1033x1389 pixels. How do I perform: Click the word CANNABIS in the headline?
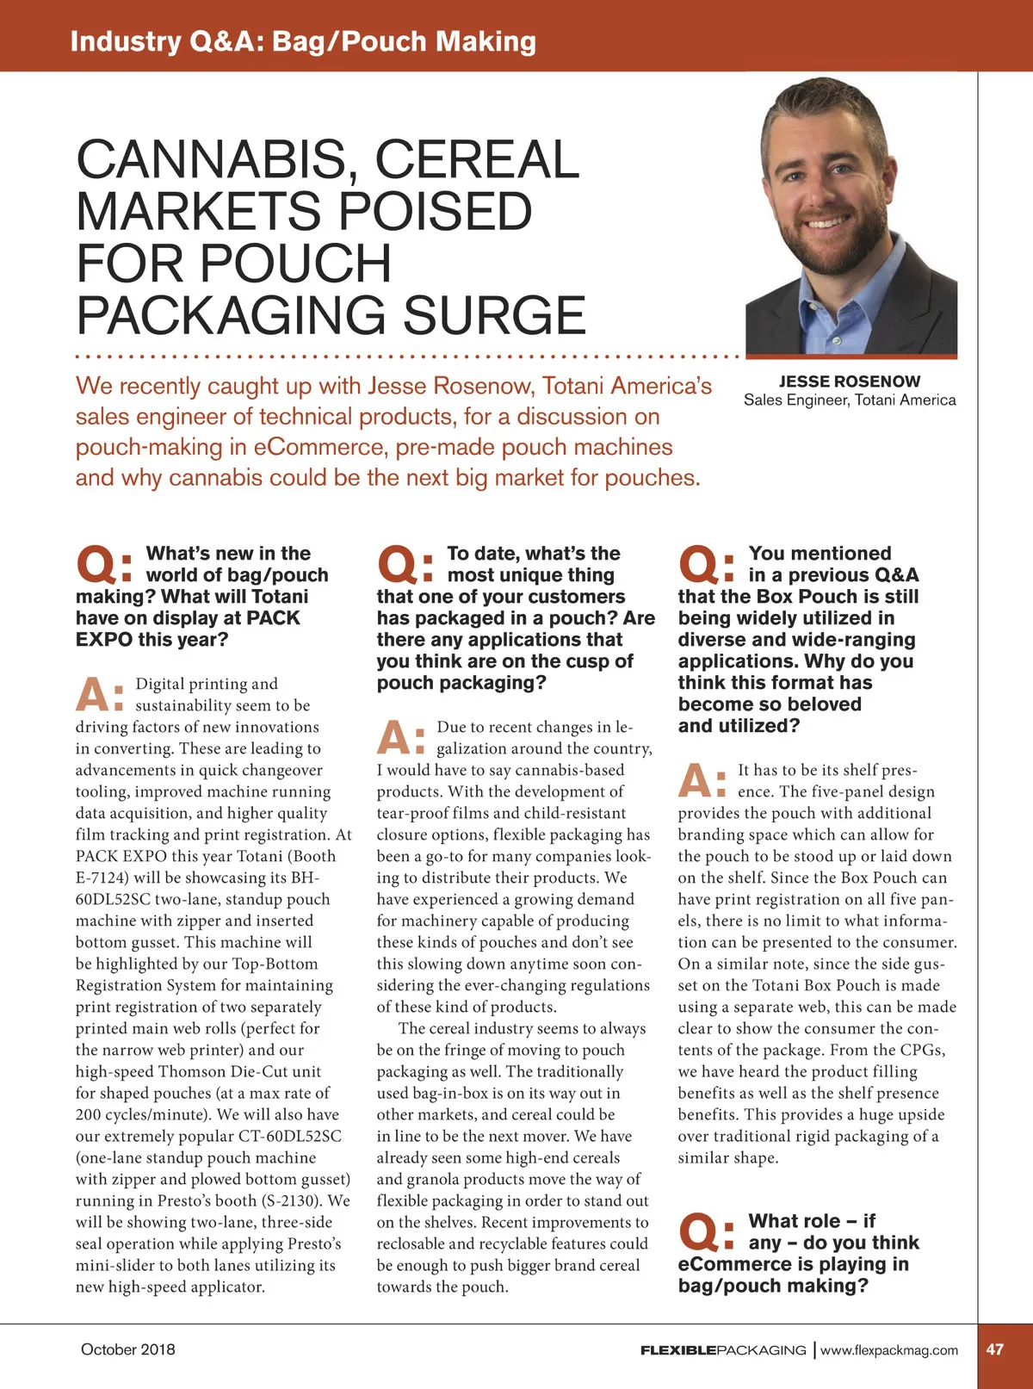[212, 160]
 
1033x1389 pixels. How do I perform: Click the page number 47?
[994, 1349]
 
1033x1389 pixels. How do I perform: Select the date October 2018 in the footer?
[127, 1349]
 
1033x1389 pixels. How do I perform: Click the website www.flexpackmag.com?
[888, 1350]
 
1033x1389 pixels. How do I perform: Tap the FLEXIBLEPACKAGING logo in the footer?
[723, 1350]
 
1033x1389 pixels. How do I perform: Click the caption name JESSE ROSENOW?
[849, 381]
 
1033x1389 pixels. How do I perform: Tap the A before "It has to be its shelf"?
[696, 781]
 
